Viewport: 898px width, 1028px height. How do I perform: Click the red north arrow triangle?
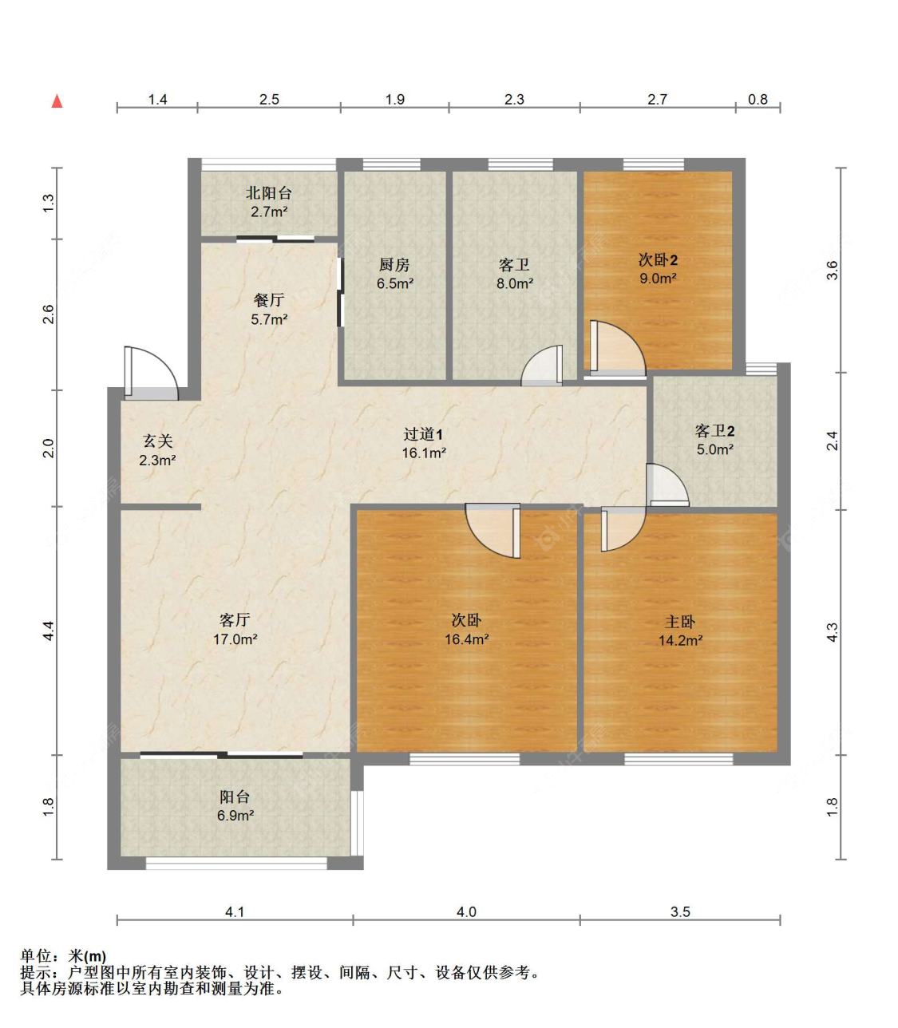(x=57, y=101)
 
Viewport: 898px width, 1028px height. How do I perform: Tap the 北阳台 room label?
(x=269, y=192)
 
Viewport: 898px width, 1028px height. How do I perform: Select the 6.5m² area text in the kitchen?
(x=395, y=283)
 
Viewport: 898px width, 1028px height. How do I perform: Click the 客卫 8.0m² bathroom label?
(x=515, y=264)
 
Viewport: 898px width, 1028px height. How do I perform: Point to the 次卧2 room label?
(x=658, y=259)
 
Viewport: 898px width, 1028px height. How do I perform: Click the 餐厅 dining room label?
(x=269, y=300)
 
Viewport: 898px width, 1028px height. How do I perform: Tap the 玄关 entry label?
(x=158, y=441)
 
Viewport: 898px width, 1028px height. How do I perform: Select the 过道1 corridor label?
(x=423, y=433)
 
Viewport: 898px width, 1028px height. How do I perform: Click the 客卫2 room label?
(x=714, y=430)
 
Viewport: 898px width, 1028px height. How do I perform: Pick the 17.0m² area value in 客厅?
(x=235, y=639)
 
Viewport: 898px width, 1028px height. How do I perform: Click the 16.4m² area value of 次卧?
(x=466, y=639)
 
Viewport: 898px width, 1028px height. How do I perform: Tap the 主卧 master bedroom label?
(x=680, y=622)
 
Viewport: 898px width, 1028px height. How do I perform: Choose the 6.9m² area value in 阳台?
(x=235, y=815)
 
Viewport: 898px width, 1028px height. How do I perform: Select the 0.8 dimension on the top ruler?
(x=758, y=99)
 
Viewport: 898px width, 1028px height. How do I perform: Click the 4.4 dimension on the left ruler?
(x=48, y=631)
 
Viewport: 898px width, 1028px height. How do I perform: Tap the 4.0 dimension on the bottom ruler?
(x=466, y=911)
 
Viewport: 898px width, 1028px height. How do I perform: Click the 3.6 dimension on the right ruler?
(x=833, y=270)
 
